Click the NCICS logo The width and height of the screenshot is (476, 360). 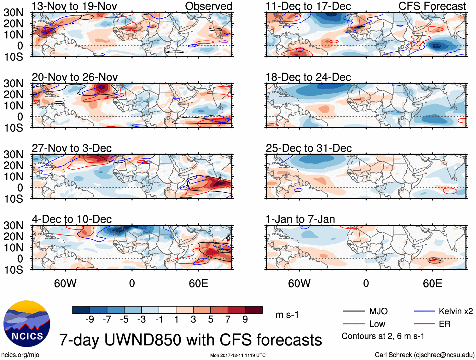click(x=27, y=324)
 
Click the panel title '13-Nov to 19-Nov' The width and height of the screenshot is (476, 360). click(x=74, y=6)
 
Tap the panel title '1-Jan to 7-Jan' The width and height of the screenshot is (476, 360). click(x=300, y=219)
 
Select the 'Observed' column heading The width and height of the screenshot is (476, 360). click(x=208, y=6)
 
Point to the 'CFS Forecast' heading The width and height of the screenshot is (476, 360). click(x=432, y=6)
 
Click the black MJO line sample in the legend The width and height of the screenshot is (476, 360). click(x=354, y=311)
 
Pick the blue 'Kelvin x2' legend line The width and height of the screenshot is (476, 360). click(x=424, y=311)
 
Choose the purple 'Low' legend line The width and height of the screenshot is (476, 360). click(x=354, y=324)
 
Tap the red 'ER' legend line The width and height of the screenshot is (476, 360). click(x=424, y=324)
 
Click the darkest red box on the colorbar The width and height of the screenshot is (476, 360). click(x=254, y=310)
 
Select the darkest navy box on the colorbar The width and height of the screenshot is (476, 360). click(x=81, y=310)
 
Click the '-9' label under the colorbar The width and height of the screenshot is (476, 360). click(x=90, y=320)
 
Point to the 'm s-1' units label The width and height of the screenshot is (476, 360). click(x=287, y=315)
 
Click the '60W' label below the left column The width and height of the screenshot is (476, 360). click(x=65, y=283)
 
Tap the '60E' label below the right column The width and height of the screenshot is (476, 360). click(x=432, y=283)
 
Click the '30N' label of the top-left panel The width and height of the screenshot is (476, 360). click(x=13, y=13)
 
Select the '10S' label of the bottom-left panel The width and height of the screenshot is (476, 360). click(x=13, y=270)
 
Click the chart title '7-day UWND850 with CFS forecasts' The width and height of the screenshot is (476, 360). click(x=190, y=340)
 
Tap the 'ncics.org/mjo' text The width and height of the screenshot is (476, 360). click(x=20, y=355)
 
